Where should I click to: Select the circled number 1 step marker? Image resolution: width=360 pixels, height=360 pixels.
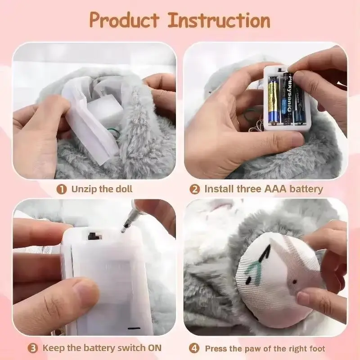click(61, 189)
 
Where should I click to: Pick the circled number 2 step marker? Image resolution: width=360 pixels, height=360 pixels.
click(194, 189)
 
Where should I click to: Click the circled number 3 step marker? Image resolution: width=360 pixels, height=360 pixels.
click(33, 348)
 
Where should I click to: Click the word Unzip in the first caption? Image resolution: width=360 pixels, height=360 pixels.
click(84, 189)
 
